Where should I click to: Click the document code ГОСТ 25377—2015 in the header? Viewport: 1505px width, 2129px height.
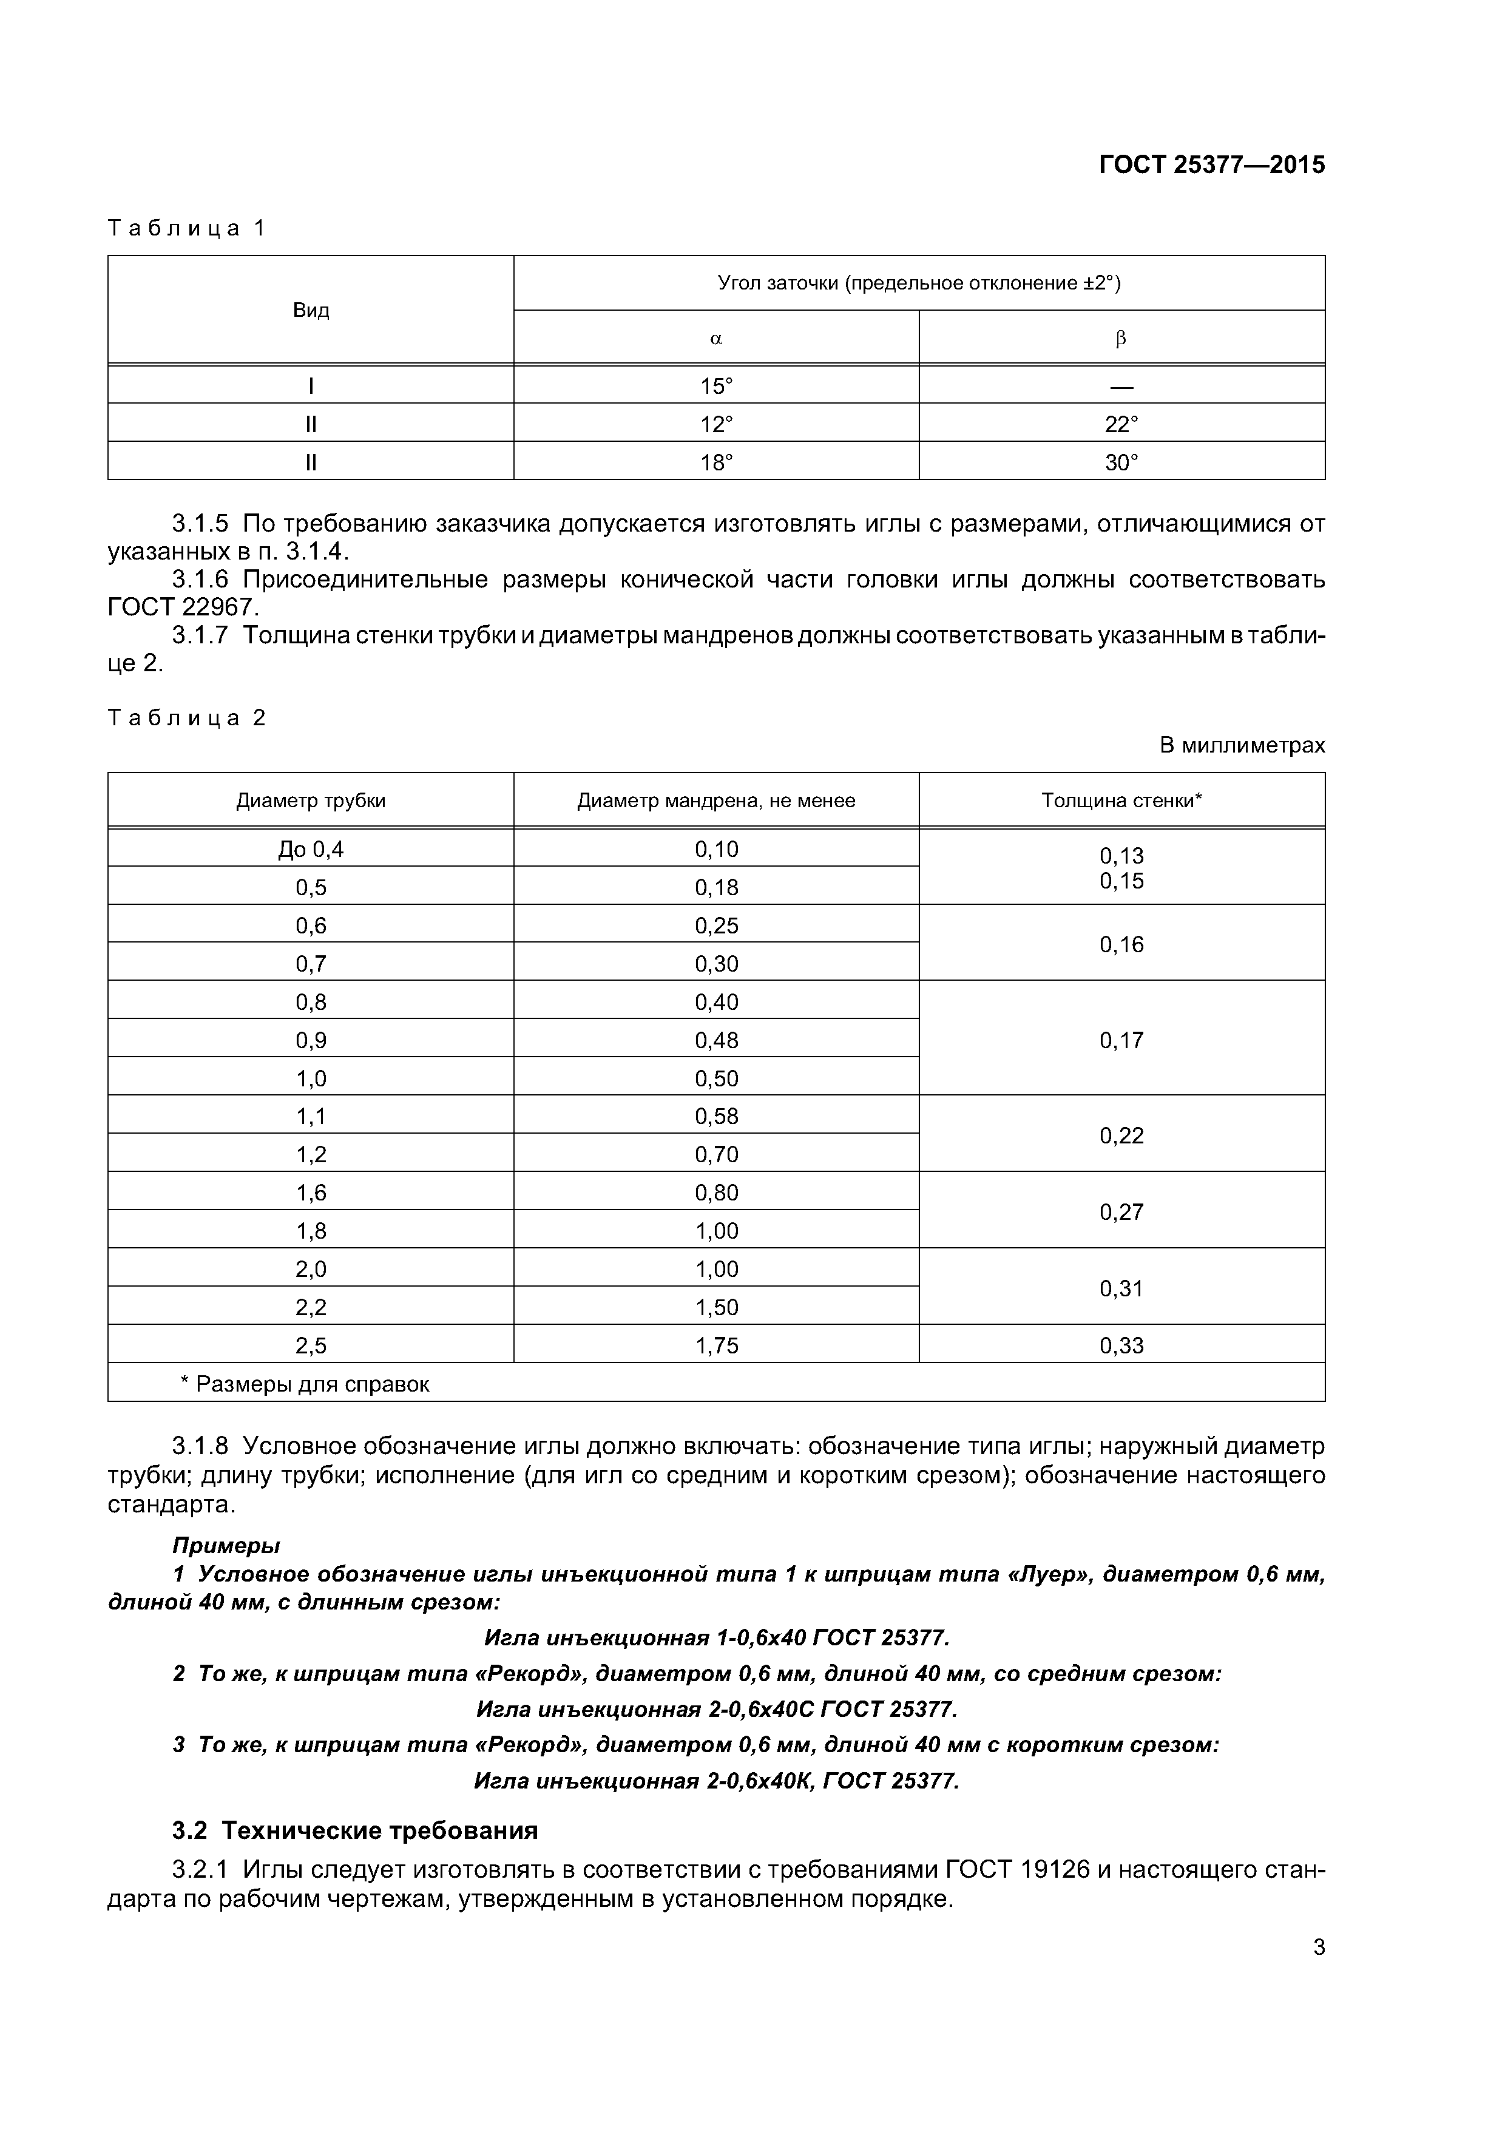[1211, 165]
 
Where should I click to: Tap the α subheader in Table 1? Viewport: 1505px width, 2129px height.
[716, 339]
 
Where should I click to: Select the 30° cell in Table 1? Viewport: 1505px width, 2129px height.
[1121, 462]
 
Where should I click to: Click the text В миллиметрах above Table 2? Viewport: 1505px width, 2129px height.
[1242, 745]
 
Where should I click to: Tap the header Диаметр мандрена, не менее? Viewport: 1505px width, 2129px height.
[716, 801]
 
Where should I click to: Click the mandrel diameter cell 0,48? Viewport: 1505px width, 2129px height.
[716, 1040]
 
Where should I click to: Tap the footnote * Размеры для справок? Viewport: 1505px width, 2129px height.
[304, 1384]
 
